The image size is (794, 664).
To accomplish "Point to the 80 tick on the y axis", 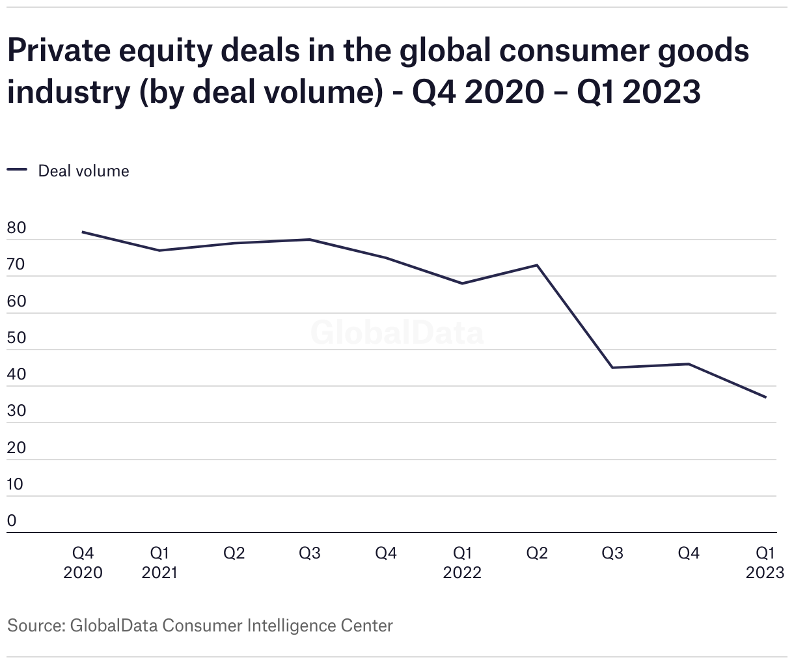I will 16,228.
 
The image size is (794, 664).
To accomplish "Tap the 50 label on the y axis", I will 16,339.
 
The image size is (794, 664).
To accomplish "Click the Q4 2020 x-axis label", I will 83,562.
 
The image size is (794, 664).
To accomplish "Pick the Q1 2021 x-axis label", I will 159,562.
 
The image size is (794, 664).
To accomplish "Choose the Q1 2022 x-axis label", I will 462,562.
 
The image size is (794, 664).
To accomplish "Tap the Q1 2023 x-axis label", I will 765,562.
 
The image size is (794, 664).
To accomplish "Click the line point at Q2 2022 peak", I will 537,265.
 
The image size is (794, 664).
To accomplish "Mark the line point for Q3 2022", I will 612,368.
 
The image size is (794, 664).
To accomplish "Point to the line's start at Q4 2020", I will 83,232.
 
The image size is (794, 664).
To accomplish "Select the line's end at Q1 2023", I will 765,397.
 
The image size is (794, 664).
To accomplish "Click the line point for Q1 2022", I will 462,283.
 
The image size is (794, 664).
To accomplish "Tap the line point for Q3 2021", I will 310,240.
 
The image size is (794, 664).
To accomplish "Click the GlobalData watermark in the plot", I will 397,333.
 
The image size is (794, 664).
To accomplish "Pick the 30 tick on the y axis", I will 16,411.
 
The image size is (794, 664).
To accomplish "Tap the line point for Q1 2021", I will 159,251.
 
